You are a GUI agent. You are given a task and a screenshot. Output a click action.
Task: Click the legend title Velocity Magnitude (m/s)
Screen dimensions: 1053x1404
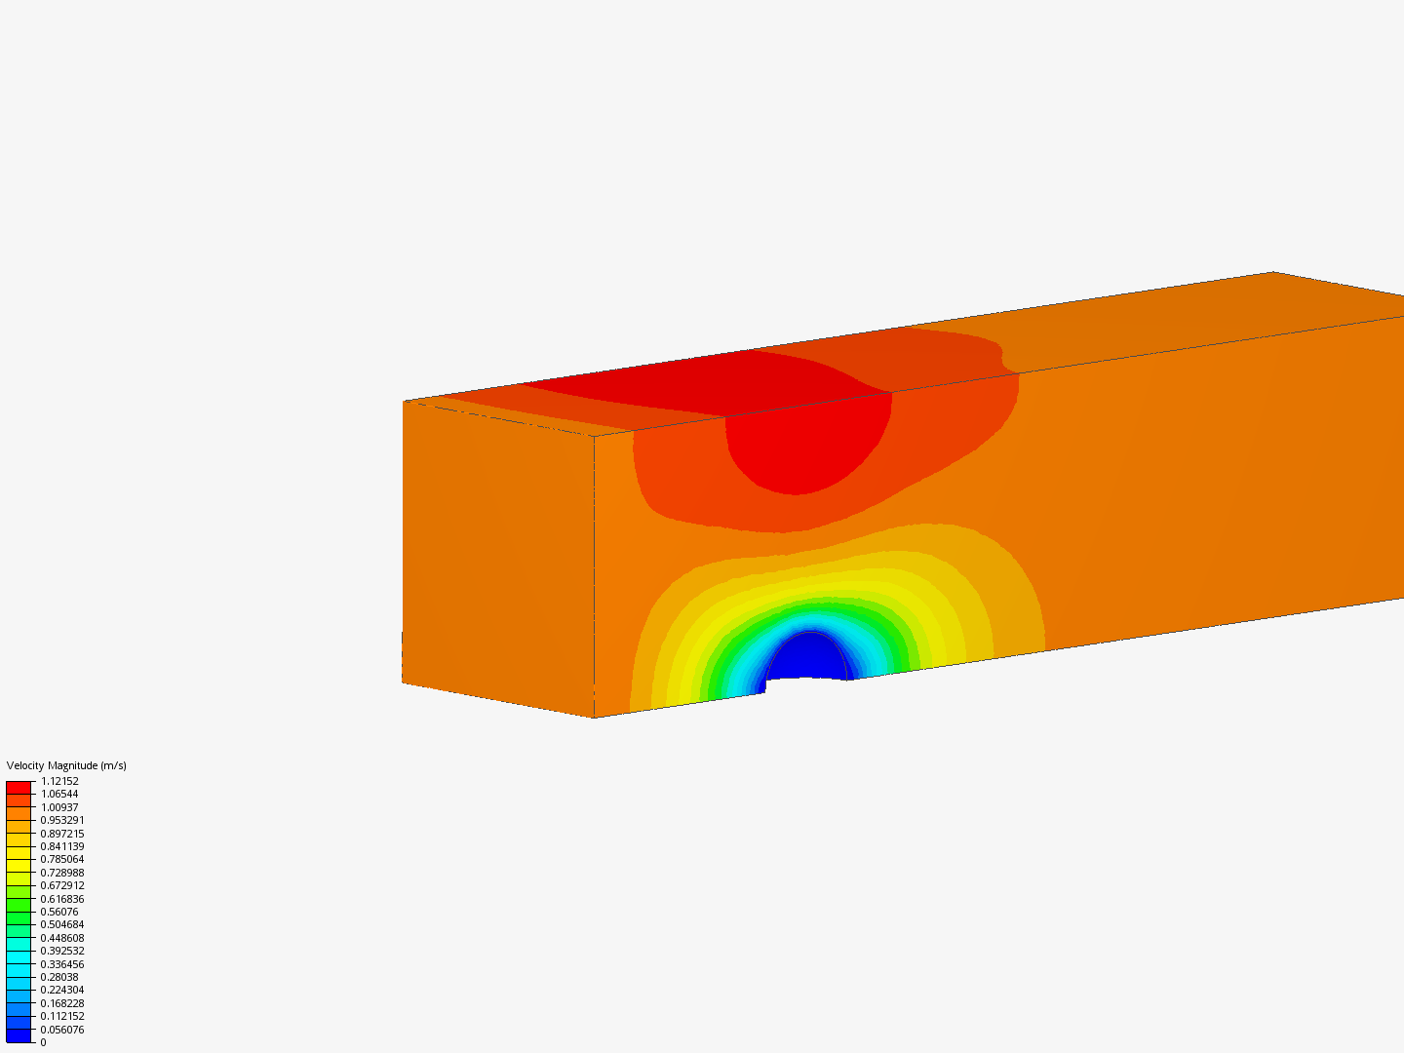[66, 765]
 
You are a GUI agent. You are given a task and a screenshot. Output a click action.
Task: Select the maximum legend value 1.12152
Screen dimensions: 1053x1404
[59, 781]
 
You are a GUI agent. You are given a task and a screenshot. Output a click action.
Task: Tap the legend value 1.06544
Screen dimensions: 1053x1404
[59, 794]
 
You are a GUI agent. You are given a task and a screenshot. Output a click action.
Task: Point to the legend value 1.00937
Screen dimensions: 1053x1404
[59, 807]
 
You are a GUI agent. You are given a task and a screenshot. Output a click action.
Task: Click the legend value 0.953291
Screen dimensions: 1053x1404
[62, 820]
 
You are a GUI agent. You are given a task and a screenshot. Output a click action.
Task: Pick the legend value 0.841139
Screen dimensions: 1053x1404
[62, 846]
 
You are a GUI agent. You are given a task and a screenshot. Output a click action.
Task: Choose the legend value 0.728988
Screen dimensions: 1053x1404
[62, 873]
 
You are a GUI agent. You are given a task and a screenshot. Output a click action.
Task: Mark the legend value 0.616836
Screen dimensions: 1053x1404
[62, 899]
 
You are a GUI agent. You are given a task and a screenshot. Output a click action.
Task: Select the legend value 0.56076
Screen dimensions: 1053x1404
[59, 912]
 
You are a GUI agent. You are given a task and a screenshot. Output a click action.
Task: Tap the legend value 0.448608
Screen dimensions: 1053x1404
[62, 938]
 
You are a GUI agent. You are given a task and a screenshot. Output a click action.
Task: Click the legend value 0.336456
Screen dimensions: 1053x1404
[62, 964]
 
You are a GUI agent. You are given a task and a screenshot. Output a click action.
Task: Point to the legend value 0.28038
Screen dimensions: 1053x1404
[59, 977]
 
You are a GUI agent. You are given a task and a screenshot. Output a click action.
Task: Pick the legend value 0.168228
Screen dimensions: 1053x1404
[62, 1003]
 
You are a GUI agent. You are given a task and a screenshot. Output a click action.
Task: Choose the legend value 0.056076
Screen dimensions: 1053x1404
[62, 1030]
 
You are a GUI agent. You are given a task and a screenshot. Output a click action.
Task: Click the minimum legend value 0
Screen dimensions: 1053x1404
[43, 1042]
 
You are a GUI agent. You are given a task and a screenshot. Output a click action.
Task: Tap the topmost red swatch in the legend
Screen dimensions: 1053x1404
[19, 787]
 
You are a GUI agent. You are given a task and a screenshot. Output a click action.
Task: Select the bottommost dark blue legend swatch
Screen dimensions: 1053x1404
[19, 1035]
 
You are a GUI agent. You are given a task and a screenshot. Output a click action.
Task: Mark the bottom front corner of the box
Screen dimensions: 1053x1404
[595, 718]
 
